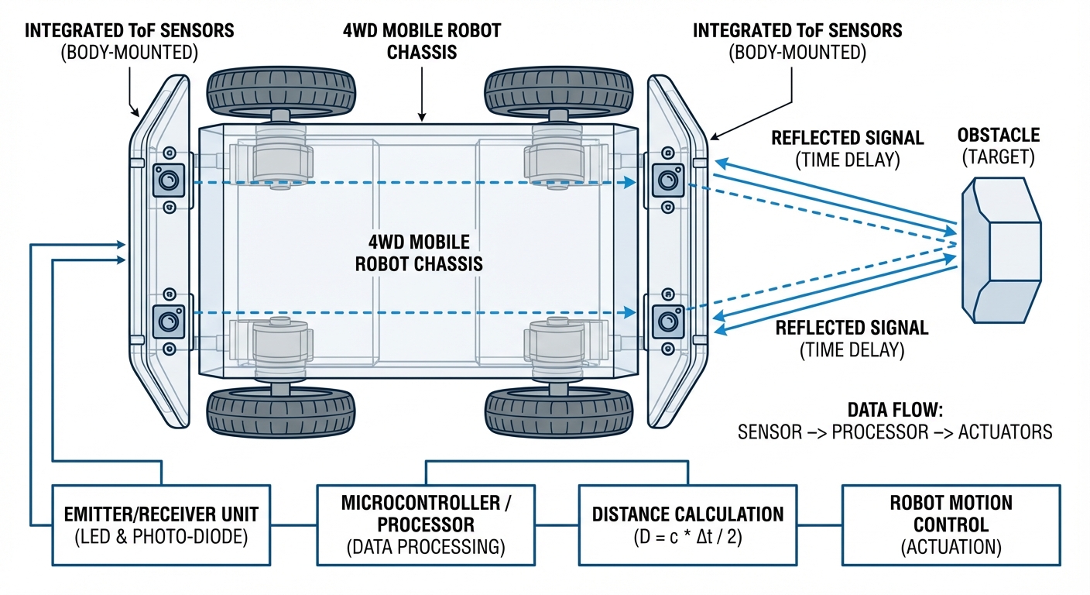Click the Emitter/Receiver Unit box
tap(161, 524)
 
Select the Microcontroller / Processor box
tap(426, 524)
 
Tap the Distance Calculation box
tap(687, 524)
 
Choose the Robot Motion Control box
tap(951, 524)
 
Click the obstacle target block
tap(1001, 252)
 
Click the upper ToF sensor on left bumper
tap(168, 181)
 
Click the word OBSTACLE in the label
tap(998, 136)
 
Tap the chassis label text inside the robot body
tap(419, 253)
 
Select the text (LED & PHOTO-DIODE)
tap(161, 537)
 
